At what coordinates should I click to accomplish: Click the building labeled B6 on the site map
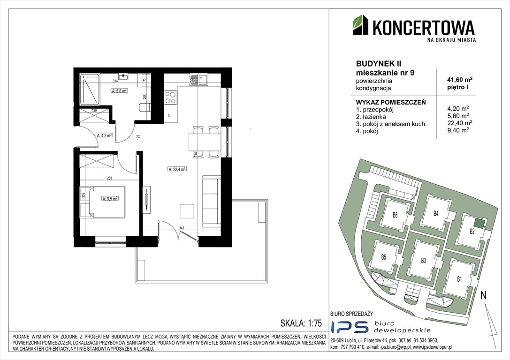click(395, 216)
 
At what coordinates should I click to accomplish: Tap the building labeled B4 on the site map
click(436, 213)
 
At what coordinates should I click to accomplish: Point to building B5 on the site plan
click(383, 257)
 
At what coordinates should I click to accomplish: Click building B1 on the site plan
click(460, 279)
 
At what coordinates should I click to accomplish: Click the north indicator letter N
click(483, 296)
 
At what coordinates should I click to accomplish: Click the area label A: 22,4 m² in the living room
click(177, 169)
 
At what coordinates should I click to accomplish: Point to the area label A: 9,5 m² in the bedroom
click(110, 198)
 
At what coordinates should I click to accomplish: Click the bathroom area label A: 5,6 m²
click(119, 91)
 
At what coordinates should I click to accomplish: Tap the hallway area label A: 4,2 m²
click(103, 135)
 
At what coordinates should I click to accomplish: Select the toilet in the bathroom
click(143, 108)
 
